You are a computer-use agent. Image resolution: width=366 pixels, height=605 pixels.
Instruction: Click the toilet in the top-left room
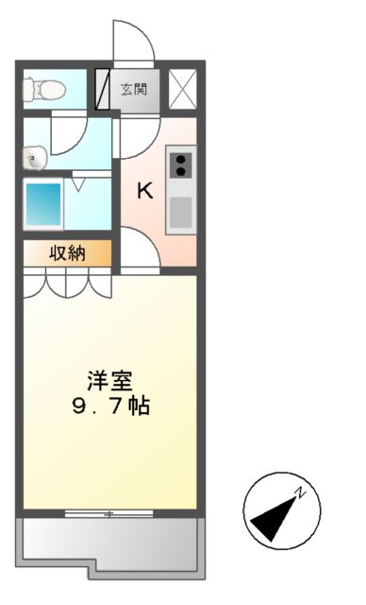[x=44, y=90]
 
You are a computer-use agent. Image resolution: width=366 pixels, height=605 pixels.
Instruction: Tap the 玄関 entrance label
[x=132, y=90]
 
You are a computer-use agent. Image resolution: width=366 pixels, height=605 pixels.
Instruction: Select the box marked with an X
[x=182, y=89]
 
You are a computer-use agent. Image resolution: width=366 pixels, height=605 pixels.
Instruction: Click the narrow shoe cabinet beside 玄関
[x=103, y=90]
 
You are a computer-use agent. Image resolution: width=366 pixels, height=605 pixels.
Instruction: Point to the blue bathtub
[x=43, y=203]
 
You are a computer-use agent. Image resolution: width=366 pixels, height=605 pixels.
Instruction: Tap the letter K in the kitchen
[x=144, y=191]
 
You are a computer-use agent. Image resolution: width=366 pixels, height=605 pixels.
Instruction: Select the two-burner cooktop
[x=180, y=164]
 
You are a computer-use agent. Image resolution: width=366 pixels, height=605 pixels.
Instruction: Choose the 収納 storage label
[x=67, y=252]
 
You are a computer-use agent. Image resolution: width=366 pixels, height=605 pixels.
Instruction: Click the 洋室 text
[x=110, y=381]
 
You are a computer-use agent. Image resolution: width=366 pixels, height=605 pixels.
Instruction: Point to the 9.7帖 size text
[x=110, y=407]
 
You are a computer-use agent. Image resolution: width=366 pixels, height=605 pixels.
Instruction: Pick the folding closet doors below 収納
[x=66, y=284]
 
